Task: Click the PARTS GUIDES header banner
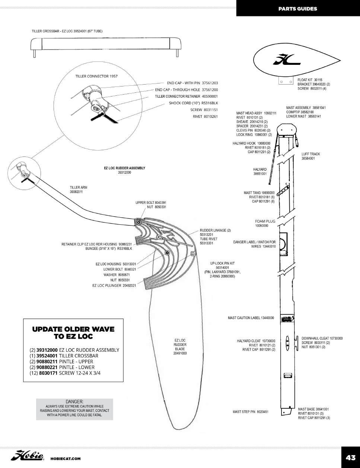click(297, 9)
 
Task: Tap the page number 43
click(350, 458)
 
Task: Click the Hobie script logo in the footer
click(28, 456)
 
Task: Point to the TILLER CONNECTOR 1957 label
click(96, 76)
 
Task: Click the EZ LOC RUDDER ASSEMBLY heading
click(124, 168)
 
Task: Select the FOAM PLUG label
click(265, 221)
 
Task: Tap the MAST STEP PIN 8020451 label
click(251, 412)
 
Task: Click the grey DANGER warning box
click(74, 409)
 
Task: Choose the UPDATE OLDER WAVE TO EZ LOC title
click(73, 333)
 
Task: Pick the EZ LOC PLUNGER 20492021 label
click(114, 286)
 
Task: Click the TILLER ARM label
click(78, 187)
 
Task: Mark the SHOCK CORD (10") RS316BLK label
click(193, 103)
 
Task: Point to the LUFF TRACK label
click(310, 154)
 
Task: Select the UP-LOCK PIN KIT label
click(222, 263)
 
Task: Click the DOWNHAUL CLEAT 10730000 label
click(322, 338)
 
